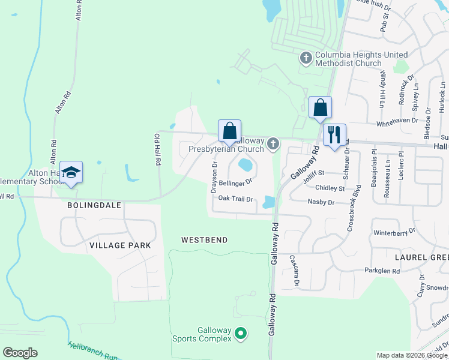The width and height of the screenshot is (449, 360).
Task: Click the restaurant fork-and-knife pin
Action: (334, 134)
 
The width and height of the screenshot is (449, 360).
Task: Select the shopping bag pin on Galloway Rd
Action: (321, 108)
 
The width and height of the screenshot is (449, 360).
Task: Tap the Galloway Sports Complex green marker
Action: (241, 332)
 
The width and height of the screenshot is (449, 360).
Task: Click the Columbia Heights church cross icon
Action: (306, 58)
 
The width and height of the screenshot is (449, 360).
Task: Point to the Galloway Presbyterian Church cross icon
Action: (273, 143)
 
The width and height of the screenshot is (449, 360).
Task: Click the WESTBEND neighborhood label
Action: (205, 240)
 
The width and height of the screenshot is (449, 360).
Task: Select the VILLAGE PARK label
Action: (119, 245)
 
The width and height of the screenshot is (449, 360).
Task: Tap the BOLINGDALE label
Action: (94, 205)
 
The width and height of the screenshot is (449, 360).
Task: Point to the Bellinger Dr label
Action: (235, 182)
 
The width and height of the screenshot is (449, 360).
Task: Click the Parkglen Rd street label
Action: (382, 271)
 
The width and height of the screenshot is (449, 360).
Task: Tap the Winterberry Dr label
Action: (394, 231)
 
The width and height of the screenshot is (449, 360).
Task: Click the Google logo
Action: (20, 353)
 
